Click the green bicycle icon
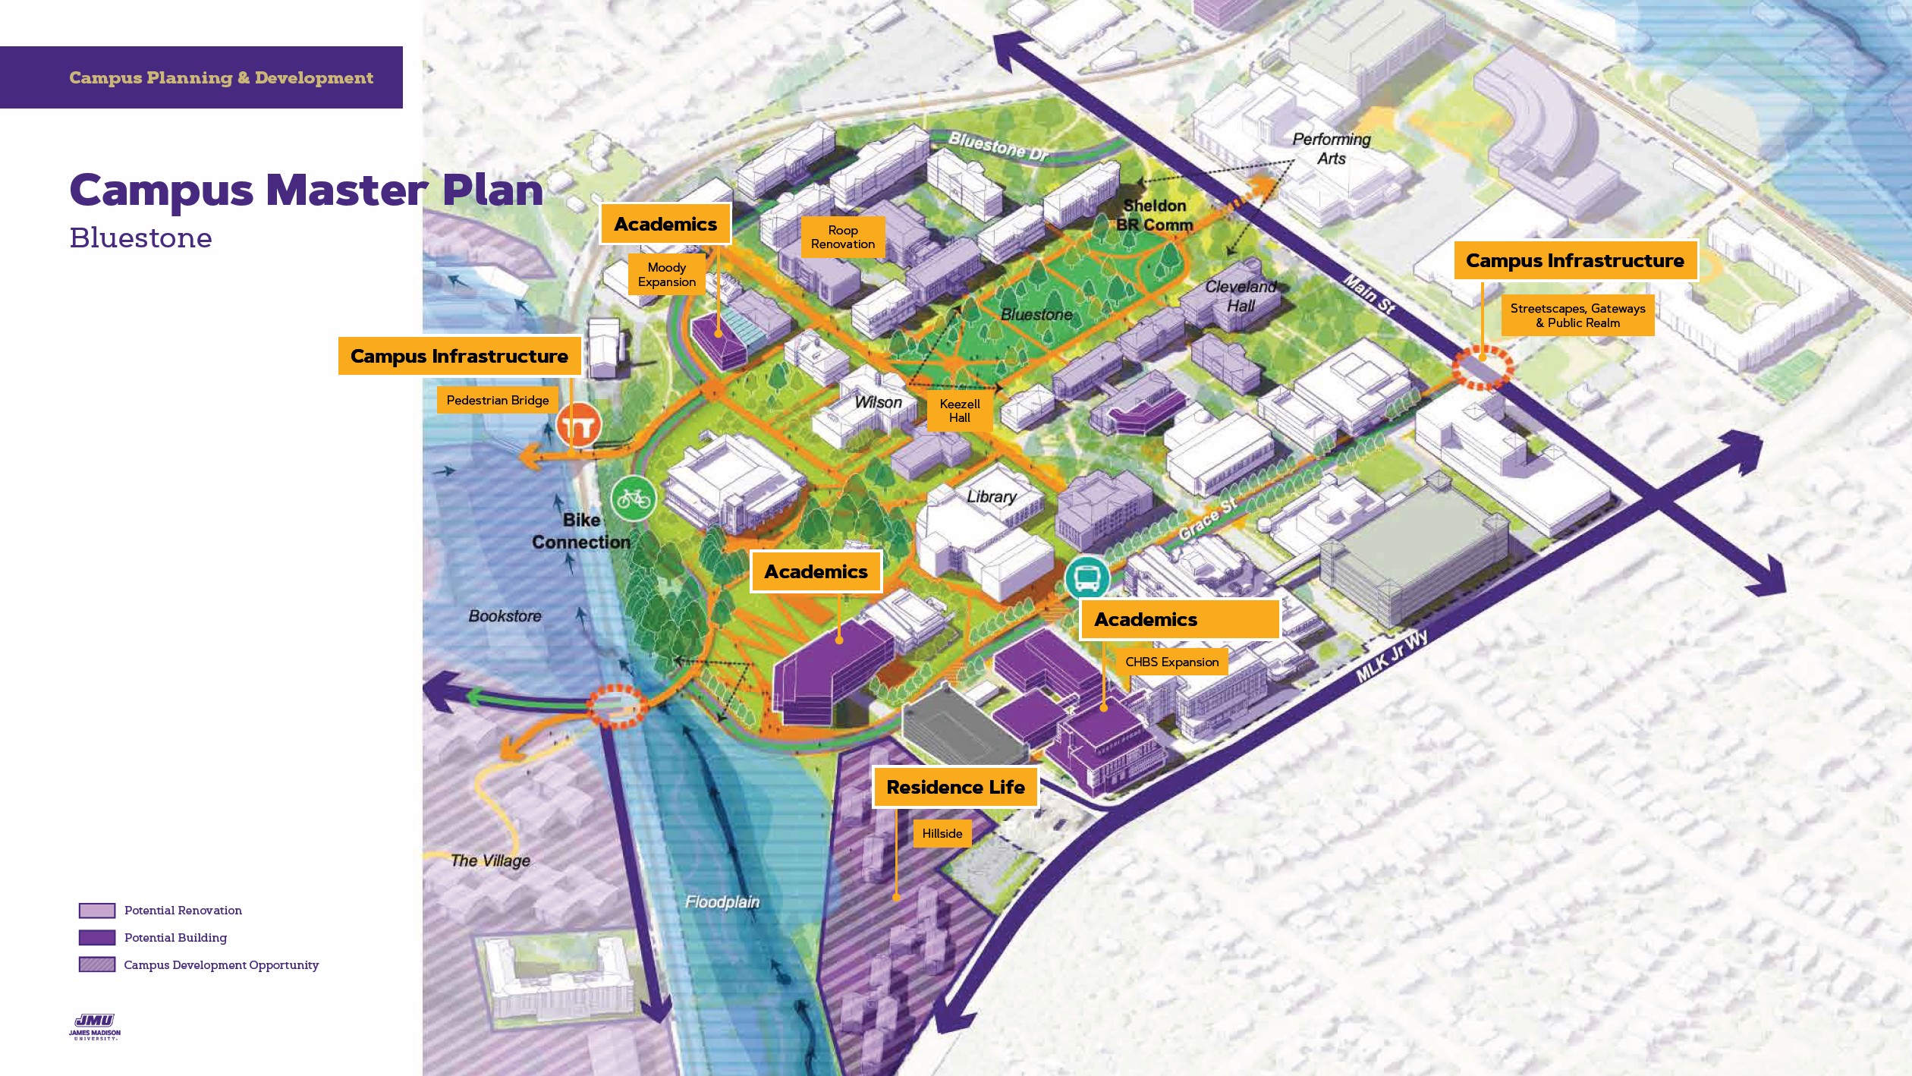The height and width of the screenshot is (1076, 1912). (x=634, y=499)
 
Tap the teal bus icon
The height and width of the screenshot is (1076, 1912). (x=1087, y=579)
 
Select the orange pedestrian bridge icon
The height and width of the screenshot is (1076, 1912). (x=579, y=426)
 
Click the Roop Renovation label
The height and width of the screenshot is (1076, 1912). (x=842, y=237)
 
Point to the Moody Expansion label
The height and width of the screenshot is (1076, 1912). (x=666, y=275)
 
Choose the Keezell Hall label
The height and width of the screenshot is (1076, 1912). (x=959, y=411)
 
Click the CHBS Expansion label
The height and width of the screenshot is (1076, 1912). (x=1171, y=662)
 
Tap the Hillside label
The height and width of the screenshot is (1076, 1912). (x=942, y=833)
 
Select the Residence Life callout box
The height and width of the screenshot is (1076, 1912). (x=955, y=787)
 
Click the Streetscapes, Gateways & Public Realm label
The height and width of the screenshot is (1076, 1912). (x=1577, y=315)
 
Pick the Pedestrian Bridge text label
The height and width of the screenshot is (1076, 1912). (x=497, y=400)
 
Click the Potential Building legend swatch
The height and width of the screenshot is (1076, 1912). (x=97, y=938)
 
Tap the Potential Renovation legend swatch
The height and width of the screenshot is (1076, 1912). (x=97, y=911)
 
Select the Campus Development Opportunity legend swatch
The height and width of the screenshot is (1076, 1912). (x=97, y=965)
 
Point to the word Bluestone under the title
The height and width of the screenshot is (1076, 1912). (x=141, y=238)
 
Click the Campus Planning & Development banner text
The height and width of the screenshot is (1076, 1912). (x=221, y=77)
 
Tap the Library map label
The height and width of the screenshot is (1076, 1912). (x=991, y=496)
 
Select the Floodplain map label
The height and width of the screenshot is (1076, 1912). (x=722, y=901)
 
